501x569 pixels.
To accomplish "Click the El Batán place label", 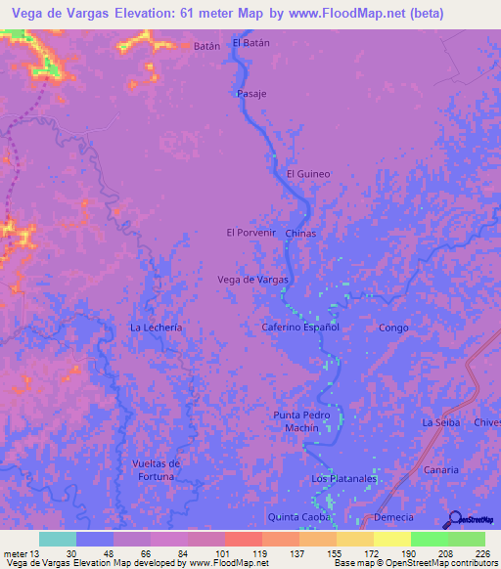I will [250, 43].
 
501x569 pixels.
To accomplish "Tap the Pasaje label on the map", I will [251, 94].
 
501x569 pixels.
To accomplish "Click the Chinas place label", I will [299, 235].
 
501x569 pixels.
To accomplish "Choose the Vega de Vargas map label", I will [253, 280].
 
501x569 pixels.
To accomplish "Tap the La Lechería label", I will [157, 328].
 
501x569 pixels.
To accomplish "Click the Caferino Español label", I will [300, 327].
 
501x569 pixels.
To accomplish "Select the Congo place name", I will [392, 328].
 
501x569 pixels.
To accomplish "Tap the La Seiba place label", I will [440, 421].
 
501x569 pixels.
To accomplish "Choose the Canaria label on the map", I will [441, 469].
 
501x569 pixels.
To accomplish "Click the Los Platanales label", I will [343, 478].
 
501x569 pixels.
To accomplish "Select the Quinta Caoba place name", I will [300, 516].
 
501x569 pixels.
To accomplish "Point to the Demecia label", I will [393, 516].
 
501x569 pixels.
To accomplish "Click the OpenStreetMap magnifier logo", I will [456, 518].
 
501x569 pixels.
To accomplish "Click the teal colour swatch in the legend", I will [57, 539].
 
